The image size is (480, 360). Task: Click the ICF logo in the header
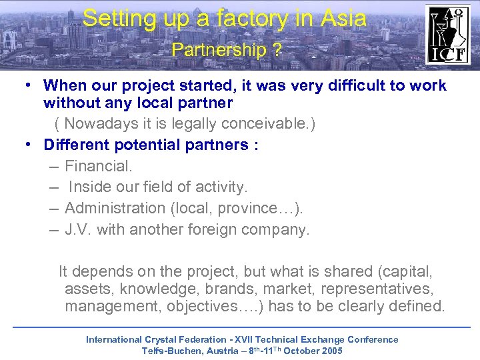(447, 34)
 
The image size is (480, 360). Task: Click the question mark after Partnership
(276, 50)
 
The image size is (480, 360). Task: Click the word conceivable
(267, 124)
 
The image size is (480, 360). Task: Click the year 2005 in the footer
(331, 351)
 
